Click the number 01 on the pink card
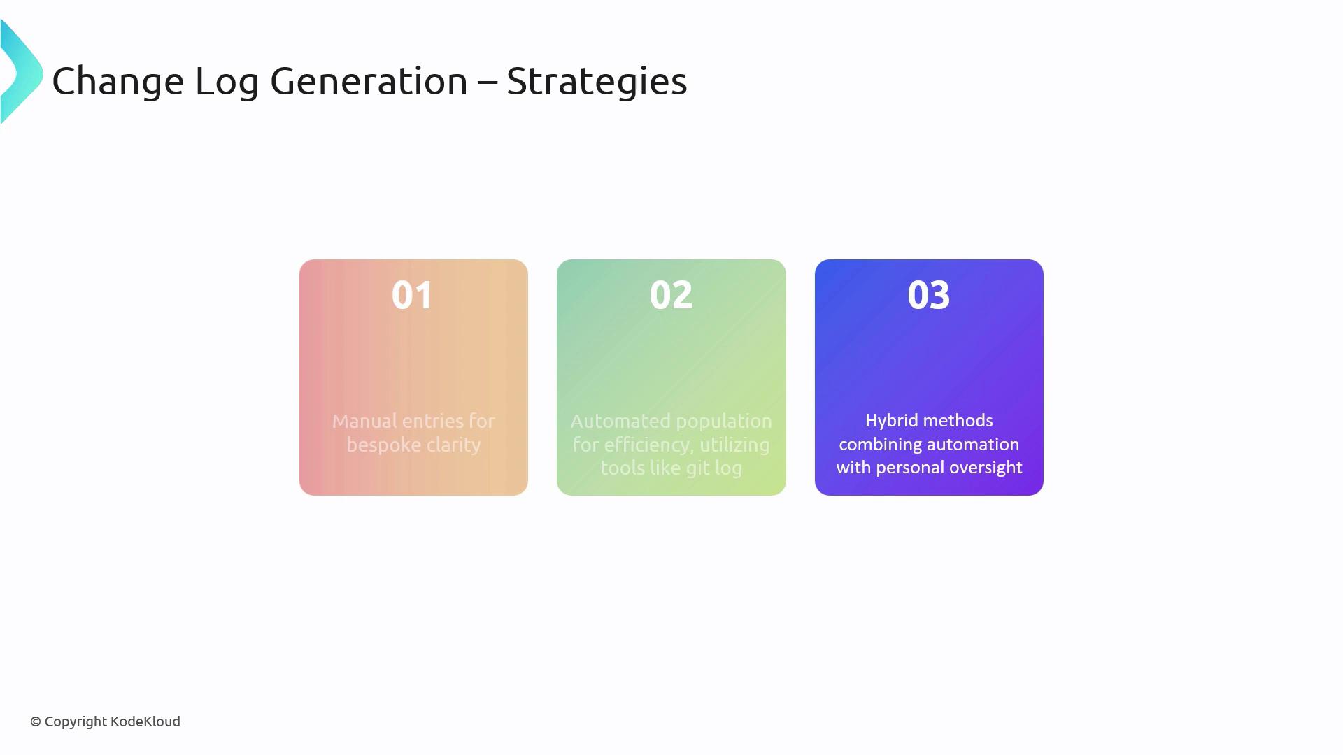pos(413,295)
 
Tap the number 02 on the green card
pos(671,295)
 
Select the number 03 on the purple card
pos(929,295)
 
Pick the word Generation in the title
pos(369,81)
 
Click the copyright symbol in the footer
pos(36,721)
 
